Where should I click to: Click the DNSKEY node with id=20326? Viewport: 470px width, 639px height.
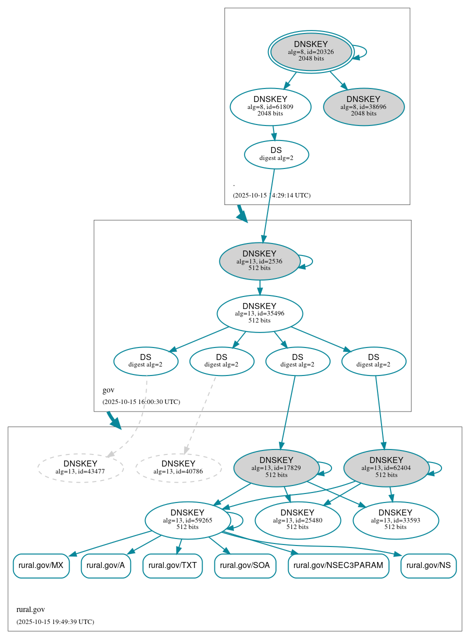click(x=310, y=51)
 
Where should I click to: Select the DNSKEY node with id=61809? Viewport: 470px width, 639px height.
click(x=270, y=106)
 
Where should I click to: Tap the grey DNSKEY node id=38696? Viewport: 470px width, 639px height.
click(x=363, y=106)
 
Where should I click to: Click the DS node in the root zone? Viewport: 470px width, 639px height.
click(x=276, y=154)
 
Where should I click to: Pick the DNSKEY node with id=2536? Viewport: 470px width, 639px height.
click(x=259, y=261)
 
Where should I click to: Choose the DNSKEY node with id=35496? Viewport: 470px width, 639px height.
click(x=259, y=313)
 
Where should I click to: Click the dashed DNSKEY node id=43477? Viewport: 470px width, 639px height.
click(x=80, y=468)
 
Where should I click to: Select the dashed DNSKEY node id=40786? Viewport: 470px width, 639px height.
click(x=178, y=468)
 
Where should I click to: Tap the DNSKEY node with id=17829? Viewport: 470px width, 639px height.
click(x=276, y=467)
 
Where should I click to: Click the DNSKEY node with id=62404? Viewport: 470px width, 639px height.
click(x=386, y=467)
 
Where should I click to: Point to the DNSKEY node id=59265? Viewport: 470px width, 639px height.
click(x=187, y=520)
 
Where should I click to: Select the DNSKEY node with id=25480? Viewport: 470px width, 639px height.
click(x=297, y=520)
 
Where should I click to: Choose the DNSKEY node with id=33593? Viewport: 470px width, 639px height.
click(x=395, y=520)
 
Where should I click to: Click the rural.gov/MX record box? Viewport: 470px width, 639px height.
click(x=41, y=565)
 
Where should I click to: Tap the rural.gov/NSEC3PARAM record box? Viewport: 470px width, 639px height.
click(x=338, y=565)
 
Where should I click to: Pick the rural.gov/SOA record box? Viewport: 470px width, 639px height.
click(x=245, y=565)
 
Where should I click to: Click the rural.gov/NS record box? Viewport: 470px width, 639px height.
click(x=428, y=565)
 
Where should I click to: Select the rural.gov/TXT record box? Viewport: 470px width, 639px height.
click(x=172, y=565)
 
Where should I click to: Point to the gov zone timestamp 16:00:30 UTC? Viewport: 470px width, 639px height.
click(x=141, y=401)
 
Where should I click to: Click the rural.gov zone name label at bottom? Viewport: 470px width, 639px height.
click(x=30, y=609)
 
